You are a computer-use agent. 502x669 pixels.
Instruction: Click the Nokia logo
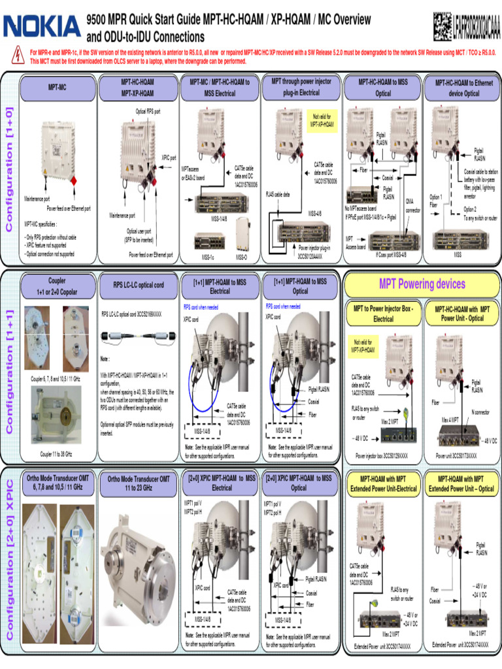42,26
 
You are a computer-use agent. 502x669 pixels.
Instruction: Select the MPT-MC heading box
58,86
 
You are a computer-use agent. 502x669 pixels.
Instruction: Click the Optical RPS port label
148,112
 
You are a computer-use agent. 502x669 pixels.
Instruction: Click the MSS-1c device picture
204,243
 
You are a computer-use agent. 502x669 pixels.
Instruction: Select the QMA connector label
412,206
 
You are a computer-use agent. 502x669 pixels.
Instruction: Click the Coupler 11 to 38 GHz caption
56,453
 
